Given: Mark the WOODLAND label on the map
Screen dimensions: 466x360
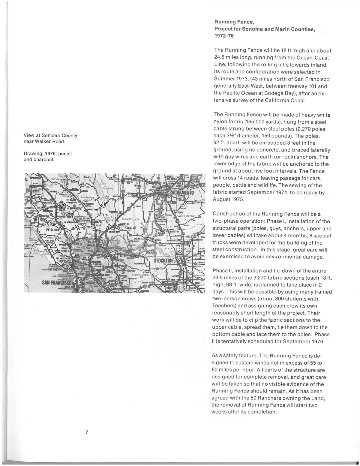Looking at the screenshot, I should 131,179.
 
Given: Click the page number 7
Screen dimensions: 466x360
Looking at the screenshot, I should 86,432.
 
